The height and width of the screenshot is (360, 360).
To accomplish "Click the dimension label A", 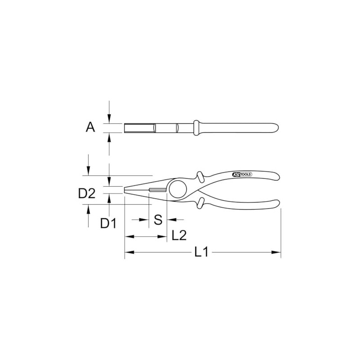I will pos(90,128).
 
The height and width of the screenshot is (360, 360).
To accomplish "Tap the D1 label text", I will pos(108,222).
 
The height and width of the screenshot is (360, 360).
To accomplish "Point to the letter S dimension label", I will pos(158,220).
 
